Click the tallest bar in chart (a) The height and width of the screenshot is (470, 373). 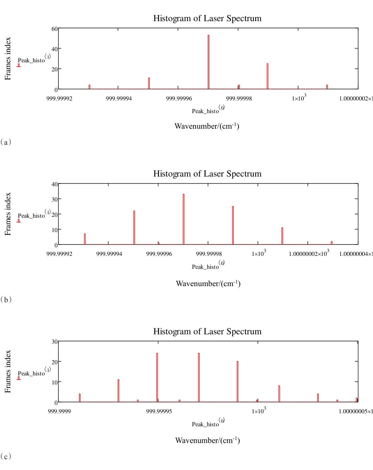point(209,62)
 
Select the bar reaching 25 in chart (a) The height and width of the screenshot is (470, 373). point(268,76)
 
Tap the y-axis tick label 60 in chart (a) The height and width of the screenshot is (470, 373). point(55,29)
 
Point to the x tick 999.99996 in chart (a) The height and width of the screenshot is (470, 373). point(179,98)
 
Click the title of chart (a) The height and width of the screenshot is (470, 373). point(207,18)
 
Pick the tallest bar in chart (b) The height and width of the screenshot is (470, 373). point(184,219)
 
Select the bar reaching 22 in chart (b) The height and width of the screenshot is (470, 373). point(134,227)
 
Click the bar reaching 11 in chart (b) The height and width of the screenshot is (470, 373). point(282,236)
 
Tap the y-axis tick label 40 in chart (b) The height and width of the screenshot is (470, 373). point(55,184)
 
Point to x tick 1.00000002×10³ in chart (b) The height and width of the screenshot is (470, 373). point(309,253)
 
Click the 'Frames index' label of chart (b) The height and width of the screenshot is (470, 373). point(8,214)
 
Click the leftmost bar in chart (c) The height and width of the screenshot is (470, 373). point(80,398)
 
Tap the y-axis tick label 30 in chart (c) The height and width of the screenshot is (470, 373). point(55,342)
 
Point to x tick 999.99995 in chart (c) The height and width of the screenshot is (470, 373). point(159,411)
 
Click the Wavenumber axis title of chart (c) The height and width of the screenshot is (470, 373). point(207,440)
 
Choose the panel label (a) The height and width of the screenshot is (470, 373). point(6,142)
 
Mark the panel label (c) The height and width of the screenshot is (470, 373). point(6,456)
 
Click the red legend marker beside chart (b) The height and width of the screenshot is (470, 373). point(19,221)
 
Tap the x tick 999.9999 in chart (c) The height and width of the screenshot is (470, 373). point(59,411)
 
